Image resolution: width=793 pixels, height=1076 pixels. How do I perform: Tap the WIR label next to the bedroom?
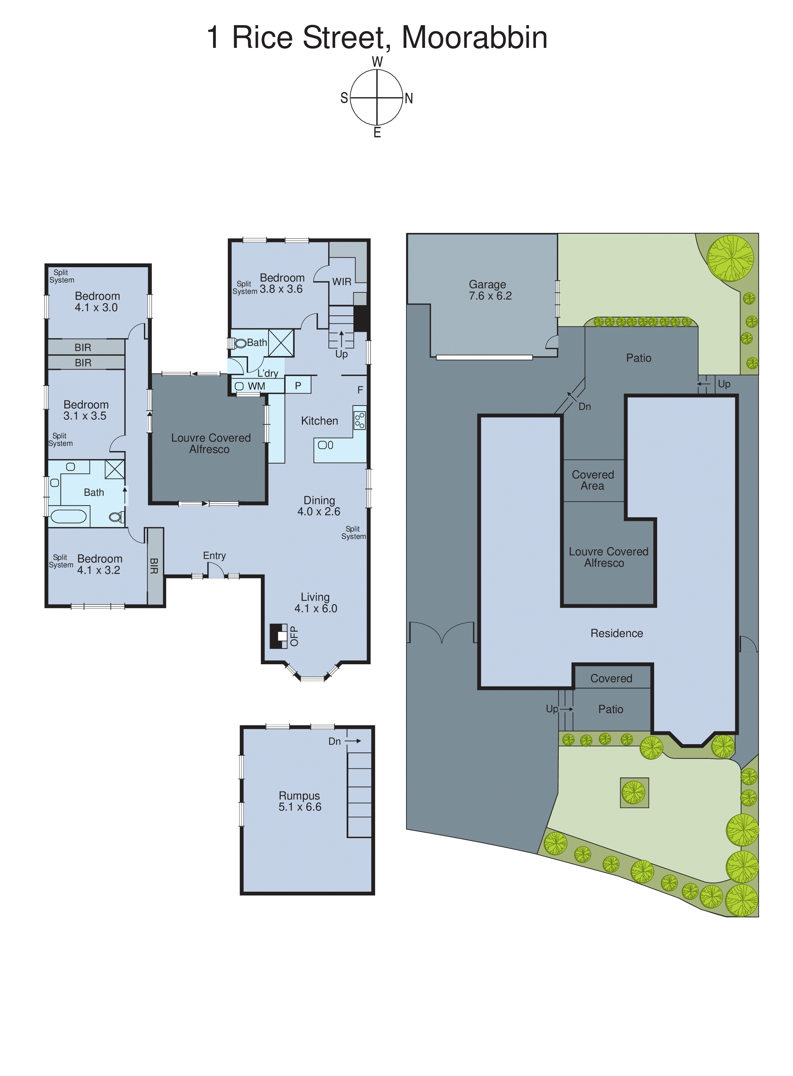[x=342, y=282]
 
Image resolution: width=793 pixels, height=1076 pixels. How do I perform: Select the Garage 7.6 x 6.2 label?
[x=490, y=290]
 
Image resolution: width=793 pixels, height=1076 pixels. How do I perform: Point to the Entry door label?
[x=214, y=555]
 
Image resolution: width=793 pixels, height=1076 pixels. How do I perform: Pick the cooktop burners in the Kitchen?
[x=359, y=420]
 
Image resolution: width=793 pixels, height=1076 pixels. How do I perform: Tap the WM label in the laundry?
[x=256, y=386]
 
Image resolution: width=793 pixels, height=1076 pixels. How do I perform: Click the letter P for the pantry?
[x=298, y=385]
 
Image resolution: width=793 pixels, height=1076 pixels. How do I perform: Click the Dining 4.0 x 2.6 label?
[x=319, y=506]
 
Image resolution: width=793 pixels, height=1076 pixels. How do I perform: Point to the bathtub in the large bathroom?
[x=68, y=516]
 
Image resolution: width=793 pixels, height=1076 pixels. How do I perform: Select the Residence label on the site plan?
[x=616, y=633]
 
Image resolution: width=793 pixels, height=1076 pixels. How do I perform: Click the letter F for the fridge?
[x=360, y=390]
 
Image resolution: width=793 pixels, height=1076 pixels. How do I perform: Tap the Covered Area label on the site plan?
[x=593, y=480]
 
